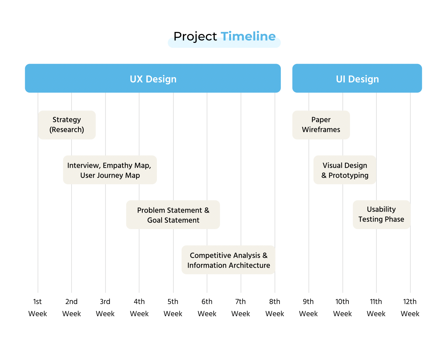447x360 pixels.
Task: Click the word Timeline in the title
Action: [248, 36]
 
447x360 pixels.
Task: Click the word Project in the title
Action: [195, 37]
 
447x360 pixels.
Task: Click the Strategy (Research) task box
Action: [67, 125]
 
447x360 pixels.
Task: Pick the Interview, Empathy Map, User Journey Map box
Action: [110, 170]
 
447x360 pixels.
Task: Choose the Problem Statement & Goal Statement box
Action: [173, 215]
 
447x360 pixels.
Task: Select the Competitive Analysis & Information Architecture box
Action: [228, 260]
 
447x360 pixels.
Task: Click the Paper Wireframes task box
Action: [321, 125]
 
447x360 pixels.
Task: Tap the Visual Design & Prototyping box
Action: [345, 170]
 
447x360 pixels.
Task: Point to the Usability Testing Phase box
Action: [381, 215]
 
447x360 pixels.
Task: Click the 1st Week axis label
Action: [38, 308]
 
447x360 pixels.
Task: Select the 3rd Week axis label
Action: [105, 308]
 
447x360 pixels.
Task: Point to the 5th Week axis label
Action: [173, 308]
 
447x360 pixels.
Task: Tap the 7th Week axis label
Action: [241, 308]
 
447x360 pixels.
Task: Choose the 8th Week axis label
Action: [275, 308]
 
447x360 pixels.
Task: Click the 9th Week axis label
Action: [309, 308]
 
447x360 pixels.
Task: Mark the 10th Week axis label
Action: [343, 308]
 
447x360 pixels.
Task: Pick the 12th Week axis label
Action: [410, 308]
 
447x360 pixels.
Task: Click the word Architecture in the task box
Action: [250, 265]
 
